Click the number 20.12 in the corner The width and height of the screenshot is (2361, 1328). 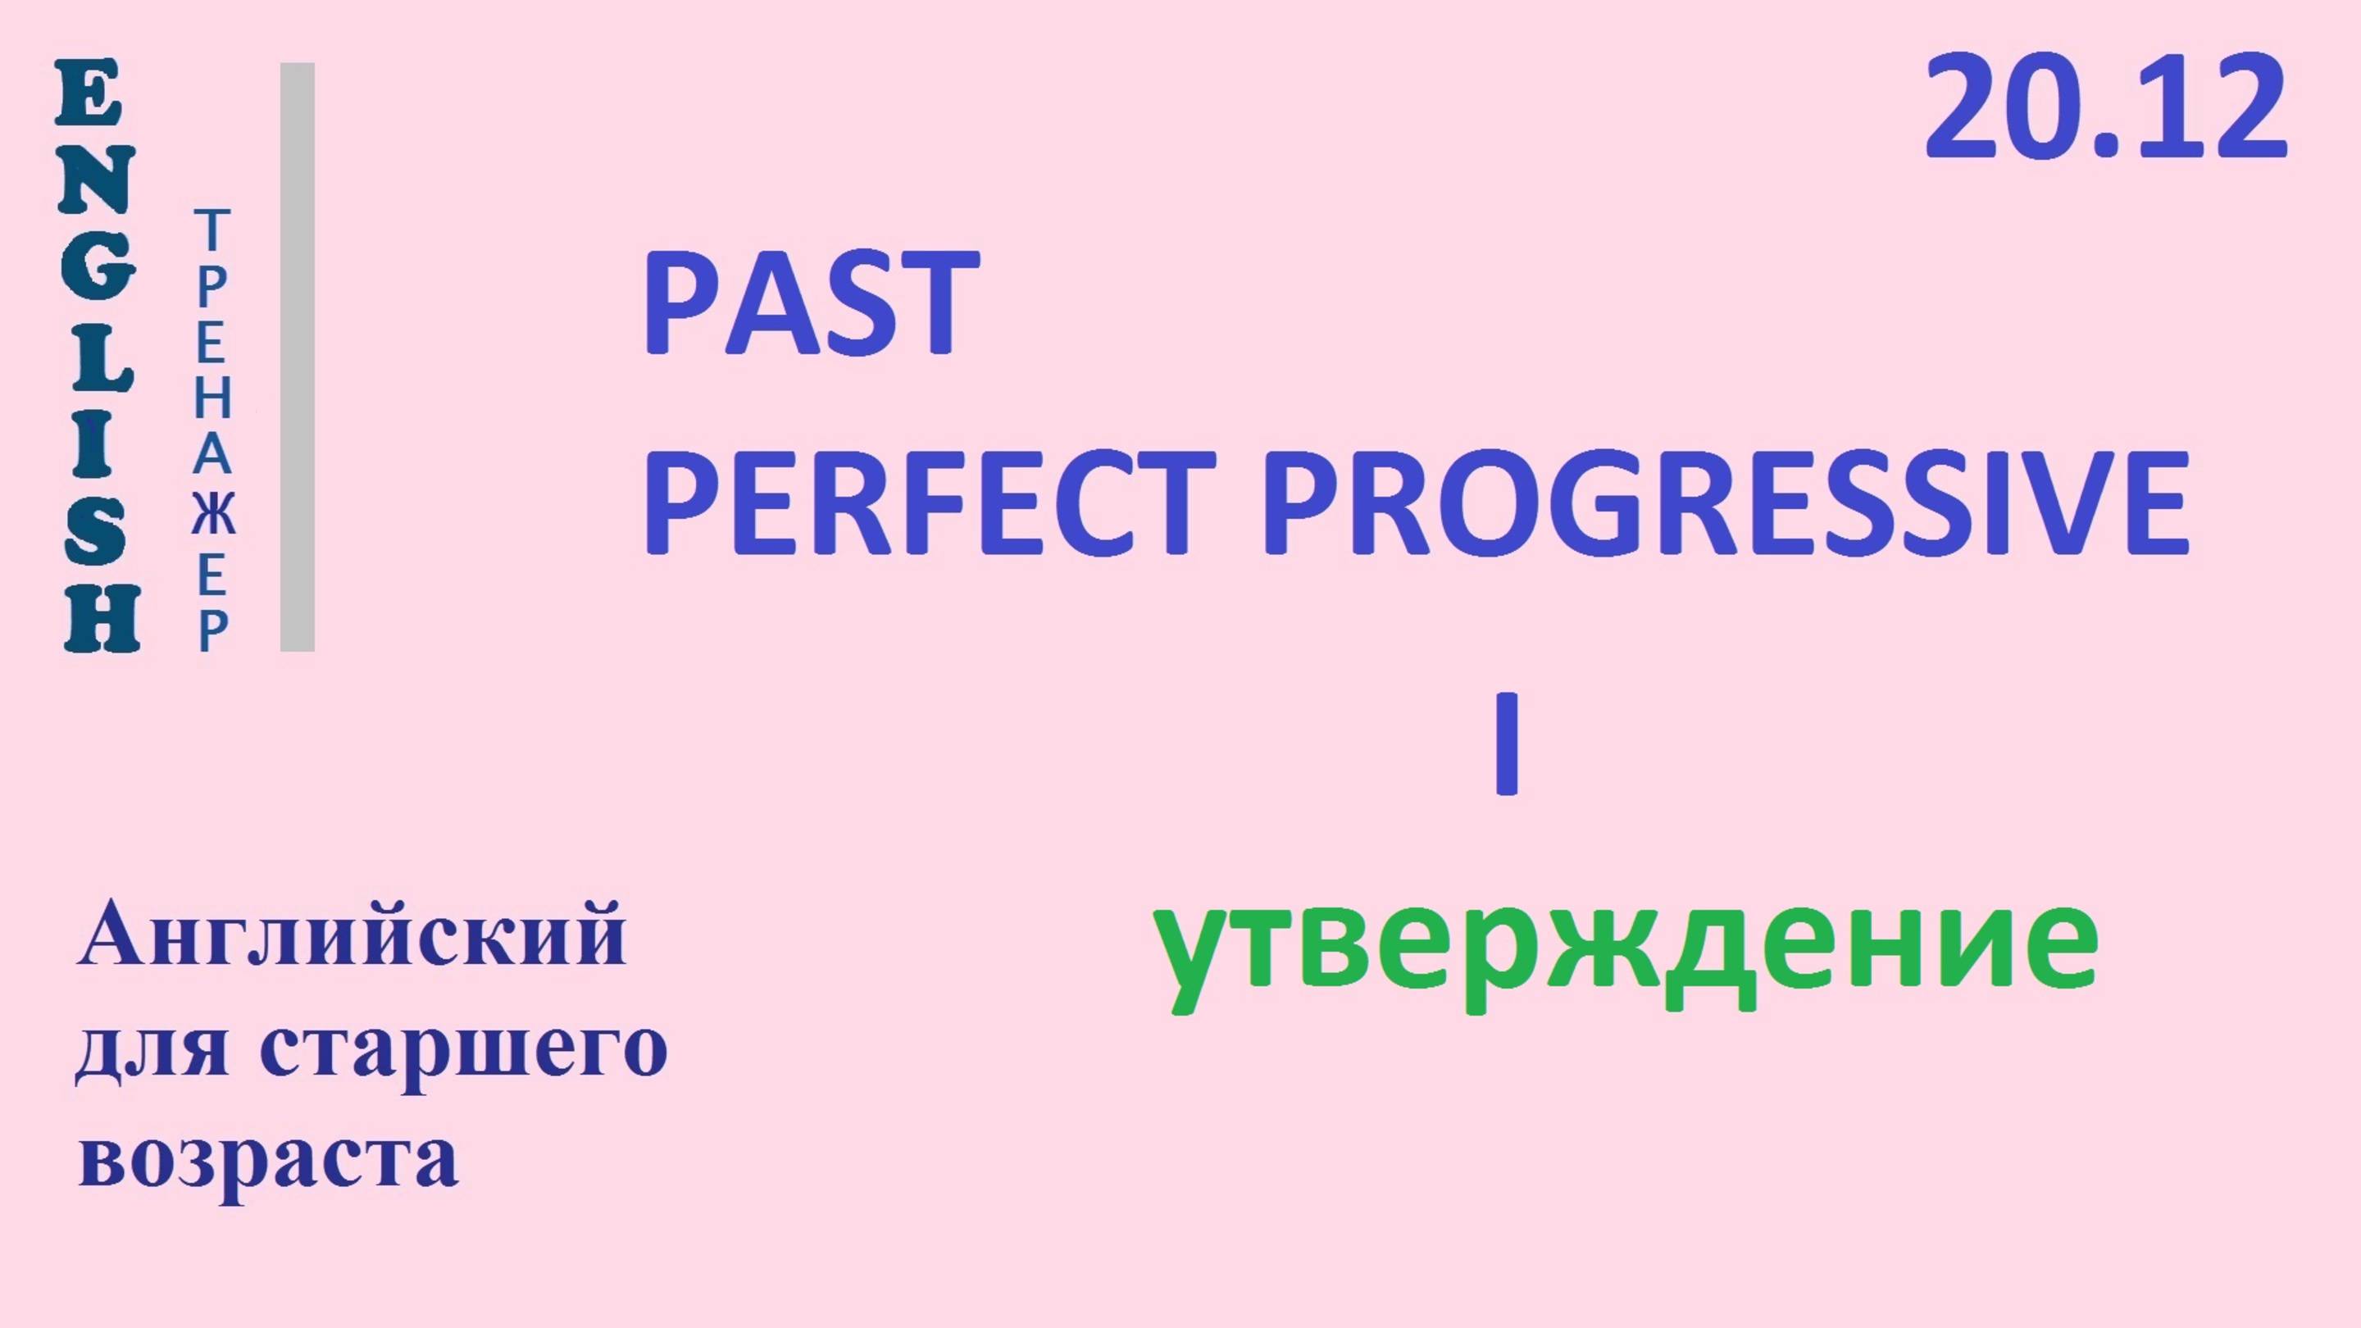pos(2105,108)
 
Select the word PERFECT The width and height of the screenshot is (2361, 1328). pos(930,506)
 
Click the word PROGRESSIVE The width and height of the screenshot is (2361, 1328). pos(1726,506)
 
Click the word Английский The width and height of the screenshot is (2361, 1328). pos(353,935)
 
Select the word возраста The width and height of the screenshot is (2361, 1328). pos(269,1157)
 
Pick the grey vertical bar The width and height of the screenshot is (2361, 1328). pos(297,357)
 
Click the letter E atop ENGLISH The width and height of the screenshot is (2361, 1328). pos(88,94)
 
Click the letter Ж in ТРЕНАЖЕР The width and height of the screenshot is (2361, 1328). pos(212,515)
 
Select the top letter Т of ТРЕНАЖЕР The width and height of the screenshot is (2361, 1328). pos(212,230)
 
